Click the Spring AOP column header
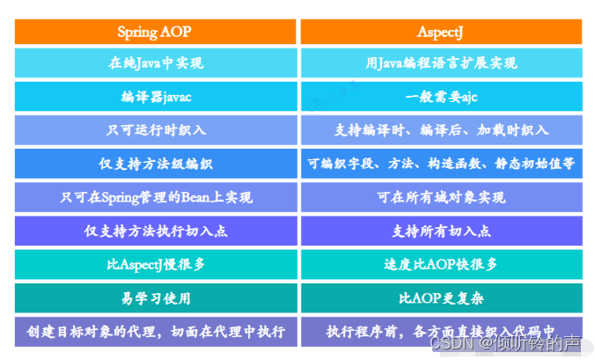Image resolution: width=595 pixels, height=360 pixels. coord(155,32)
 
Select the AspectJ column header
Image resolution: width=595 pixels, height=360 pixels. coord(441,32)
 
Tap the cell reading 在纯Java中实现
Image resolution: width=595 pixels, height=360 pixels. coord(156,63)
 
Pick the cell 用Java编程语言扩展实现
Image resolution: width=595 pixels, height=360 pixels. coord(442,63)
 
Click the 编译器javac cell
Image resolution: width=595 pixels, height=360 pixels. coord(156,97)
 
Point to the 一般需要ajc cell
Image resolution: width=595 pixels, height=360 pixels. coord(442,97)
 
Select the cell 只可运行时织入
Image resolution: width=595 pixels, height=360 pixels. coord(156,130)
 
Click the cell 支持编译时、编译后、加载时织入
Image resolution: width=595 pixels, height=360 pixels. coord(442,130)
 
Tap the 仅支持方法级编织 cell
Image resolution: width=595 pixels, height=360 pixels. coord(156,164)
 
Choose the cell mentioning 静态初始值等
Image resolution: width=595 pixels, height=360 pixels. coord(442,164)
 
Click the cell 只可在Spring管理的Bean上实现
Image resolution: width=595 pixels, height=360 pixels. coord(156,197)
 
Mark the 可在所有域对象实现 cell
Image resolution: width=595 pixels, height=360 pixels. coord(442,197)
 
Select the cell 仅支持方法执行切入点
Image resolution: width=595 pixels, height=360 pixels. coord(156,231)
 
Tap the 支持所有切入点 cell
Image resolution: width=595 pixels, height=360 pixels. coord(442,231)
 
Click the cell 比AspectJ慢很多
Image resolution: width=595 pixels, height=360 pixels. coord(156,264)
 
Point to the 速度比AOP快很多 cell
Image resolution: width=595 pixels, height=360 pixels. coord(442,264)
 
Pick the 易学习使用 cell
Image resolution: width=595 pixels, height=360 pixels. coord(156,298)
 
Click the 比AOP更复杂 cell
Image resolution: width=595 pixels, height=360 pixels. coord(442,298)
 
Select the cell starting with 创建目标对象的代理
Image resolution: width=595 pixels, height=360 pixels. coord(156,332)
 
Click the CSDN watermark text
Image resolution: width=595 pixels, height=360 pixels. coord(505,343)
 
